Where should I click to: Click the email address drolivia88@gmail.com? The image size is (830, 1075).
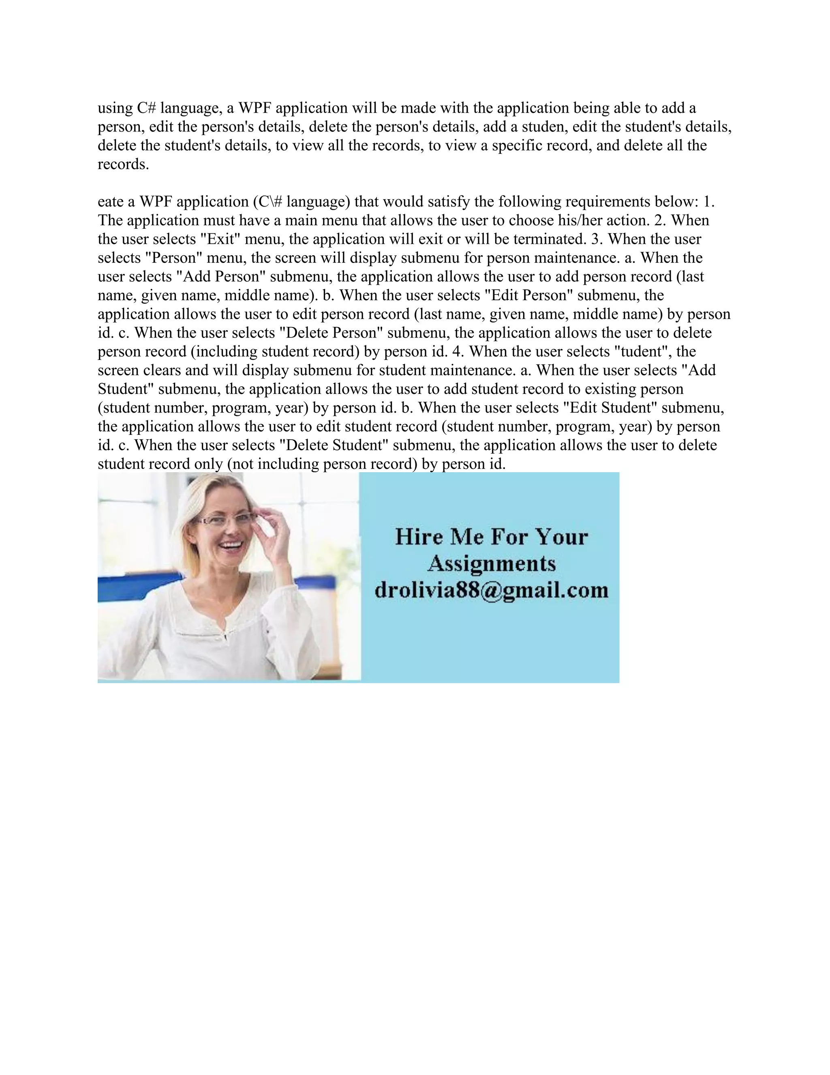tap(491, 590)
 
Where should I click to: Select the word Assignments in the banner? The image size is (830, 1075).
tap(491, 563)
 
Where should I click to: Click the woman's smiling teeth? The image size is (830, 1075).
tap(233, 546)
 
